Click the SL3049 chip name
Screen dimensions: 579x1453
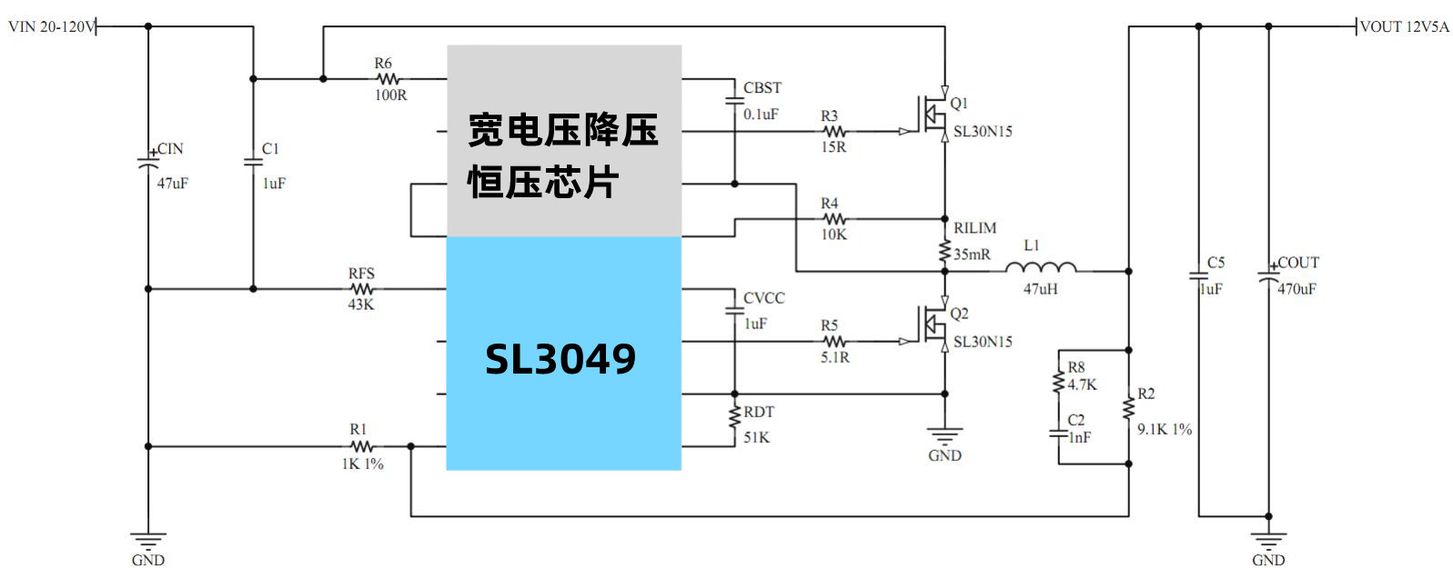coord(560,359)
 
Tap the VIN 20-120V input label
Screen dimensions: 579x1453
coord(52,26)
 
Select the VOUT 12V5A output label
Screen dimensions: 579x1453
coord(1404,26)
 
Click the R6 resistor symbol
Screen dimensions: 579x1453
coord(388,79)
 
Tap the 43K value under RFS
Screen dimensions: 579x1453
coord(361,304)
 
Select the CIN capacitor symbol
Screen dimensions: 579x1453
coord(148,165)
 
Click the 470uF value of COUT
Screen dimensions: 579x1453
coord(1297,289)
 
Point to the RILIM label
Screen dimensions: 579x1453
coord(974,228)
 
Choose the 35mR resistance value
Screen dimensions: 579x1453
coord(972,255)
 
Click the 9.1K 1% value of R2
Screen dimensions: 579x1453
coord(1164,429)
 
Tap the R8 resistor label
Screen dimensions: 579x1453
coord(1076,367)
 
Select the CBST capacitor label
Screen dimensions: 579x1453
coord(762,88)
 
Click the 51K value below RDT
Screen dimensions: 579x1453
coord(756,437)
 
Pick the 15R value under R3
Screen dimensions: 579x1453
coord(833,147)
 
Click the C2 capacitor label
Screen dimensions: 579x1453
coord(1076,420)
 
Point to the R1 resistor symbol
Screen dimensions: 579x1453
coord(361,446)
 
